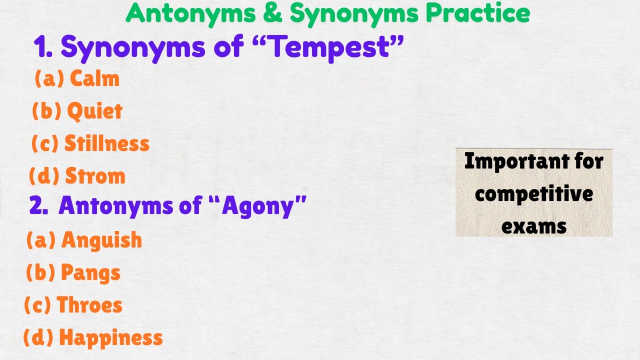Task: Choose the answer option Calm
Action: pyautogui.click(x=94, y=79)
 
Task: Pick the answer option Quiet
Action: pyautogui.click(x=94, y=111)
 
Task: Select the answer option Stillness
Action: pyautogui.click(x=107, y=144)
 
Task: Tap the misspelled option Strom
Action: pyautogui.click(x=95, y=176)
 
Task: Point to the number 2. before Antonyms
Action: pyautogui.click(x=38, y=205)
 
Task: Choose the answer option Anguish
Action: pyautogui.click(x=101, y=240)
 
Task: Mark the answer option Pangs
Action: pyautogui.click(x=90, y=273)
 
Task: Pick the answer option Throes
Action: pyautogui.click(x=89, y=305)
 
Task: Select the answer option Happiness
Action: pyautogui.click(x=111, y=338)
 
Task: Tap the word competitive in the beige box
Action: pyautogui.click(x=534, y=193)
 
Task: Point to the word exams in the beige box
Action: pyautogui.click(x=534, y=226)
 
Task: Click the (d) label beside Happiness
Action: pyautogui.click(x=38, y=338)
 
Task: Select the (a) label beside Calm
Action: pyautogui.click(x=49, y=79)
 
